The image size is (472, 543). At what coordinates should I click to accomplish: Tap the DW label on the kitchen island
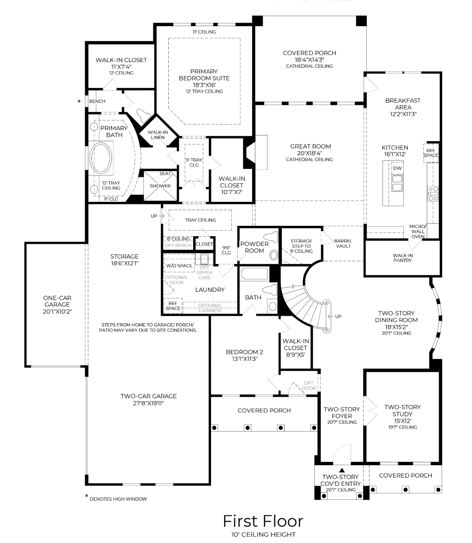(397, 168)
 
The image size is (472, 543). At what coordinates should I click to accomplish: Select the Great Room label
(310, 146)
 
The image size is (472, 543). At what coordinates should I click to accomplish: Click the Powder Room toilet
(274, 255)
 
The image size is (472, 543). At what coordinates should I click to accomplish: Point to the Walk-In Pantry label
(402, 258)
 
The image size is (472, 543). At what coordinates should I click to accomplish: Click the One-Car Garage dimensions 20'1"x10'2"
(57, 311)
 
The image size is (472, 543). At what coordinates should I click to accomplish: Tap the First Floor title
(263, 521)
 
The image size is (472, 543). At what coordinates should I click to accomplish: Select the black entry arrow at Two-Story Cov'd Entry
(341, 470)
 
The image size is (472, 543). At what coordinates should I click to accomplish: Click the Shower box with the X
(160, 186)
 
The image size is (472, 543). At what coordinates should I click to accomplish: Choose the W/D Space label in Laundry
(179, 266)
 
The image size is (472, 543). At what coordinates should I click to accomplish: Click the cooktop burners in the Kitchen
(433, 194)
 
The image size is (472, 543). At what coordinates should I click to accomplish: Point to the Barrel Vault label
(343, 243)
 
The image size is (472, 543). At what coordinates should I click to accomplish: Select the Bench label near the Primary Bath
(97, 101)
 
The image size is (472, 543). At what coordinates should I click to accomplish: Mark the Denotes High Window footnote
(118, 498)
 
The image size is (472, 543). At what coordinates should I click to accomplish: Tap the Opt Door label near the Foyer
(309, 385)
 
